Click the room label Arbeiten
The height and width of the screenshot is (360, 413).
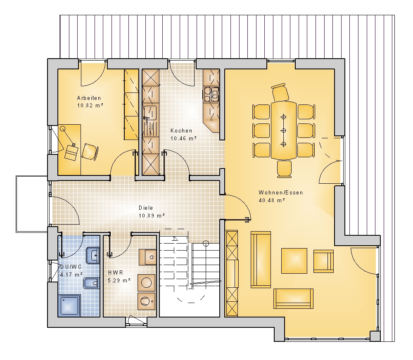[89, 98]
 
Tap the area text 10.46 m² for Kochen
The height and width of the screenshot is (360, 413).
[184, 138]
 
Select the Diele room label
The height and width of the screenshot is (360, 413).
[146, 208]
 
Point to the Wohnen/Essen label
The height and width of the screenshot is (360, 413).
[281, 192]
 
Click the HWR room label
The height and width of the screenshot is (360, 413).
[116, 272]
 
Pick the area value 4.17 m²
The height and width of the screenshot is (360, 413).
[71, 275]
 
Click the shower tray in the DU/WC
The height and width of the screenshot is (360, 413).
[69, 305]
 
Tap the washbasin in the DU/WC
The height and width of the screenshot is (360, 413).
[93, 256]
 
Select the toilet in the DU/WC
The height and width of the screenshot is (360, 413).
[91, 283]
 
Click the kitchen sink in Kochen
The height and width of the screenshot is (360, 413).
[150, 113]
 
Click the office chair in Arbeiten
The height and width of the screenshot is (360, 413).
[90, 152]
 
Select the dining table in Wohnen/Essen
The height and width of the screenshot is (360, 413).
[283, 130]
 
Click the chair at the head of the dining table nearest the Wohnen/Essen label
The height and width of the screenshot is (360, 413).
[284, 169]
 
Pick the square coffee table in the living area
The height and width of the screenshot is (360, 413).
[294, 261]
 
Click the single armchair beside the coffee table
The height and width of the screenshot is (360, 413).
[323, 261]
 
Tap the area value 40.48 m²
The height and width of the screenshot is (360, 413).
[272, 200]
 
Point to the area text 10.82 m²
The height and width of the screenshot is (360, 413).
[90, 105]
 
